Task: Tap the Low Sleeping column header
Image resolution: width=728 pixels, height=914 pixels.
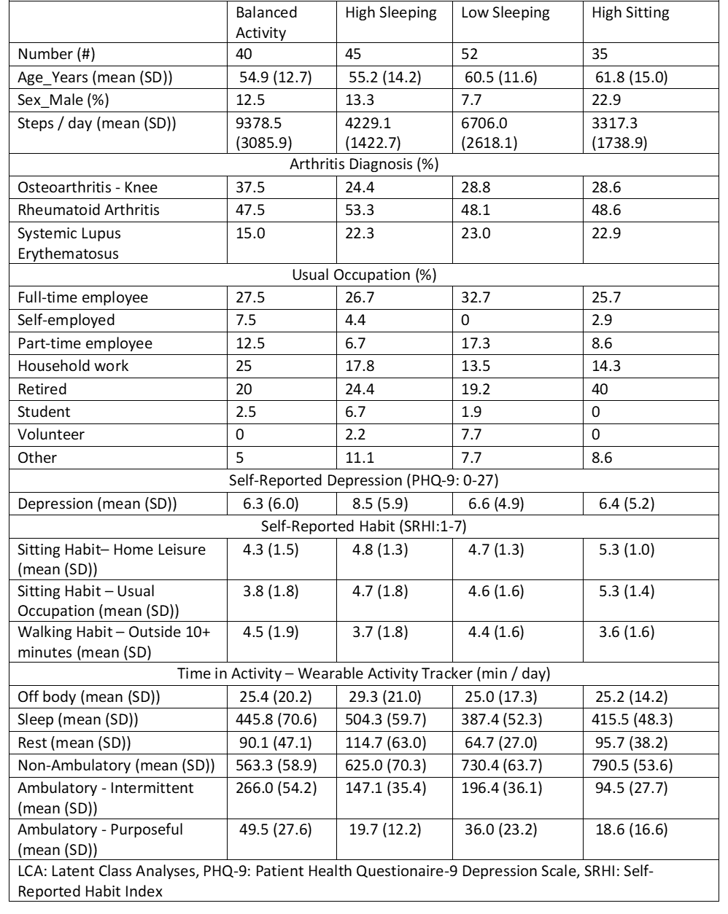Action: (x=506, y=13)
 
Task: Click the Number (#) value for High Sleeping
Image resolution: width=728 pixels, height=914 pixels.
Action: (x=354, y=54)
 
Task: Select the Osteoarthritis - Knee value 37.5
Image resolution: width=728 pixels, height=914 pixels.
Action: (x=249, y=187)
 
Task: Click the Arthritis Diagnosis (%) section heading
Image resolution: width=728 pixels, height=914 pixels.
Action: (x=364, y=165)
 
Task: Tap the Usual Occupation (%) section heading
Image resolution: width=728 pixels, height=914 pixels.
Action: (x=364, y=276)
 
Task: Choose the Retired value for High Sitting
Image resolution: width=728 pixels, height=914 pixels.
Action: (x=600, y=389)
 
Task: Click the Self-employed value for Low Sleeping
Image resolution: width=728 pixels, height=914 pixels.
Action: (x=465, y=320)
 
